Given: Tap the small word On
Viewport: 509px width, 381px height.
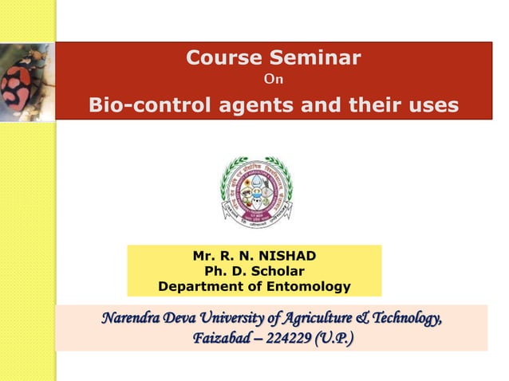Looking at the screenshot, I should (x=273, y=79).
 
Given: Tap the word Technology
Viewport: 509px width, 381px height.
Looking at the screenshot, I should (x=404, y=320).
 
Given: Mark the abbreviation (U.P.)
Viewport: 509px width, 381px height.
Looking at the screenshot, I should (x=336, y=340).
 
